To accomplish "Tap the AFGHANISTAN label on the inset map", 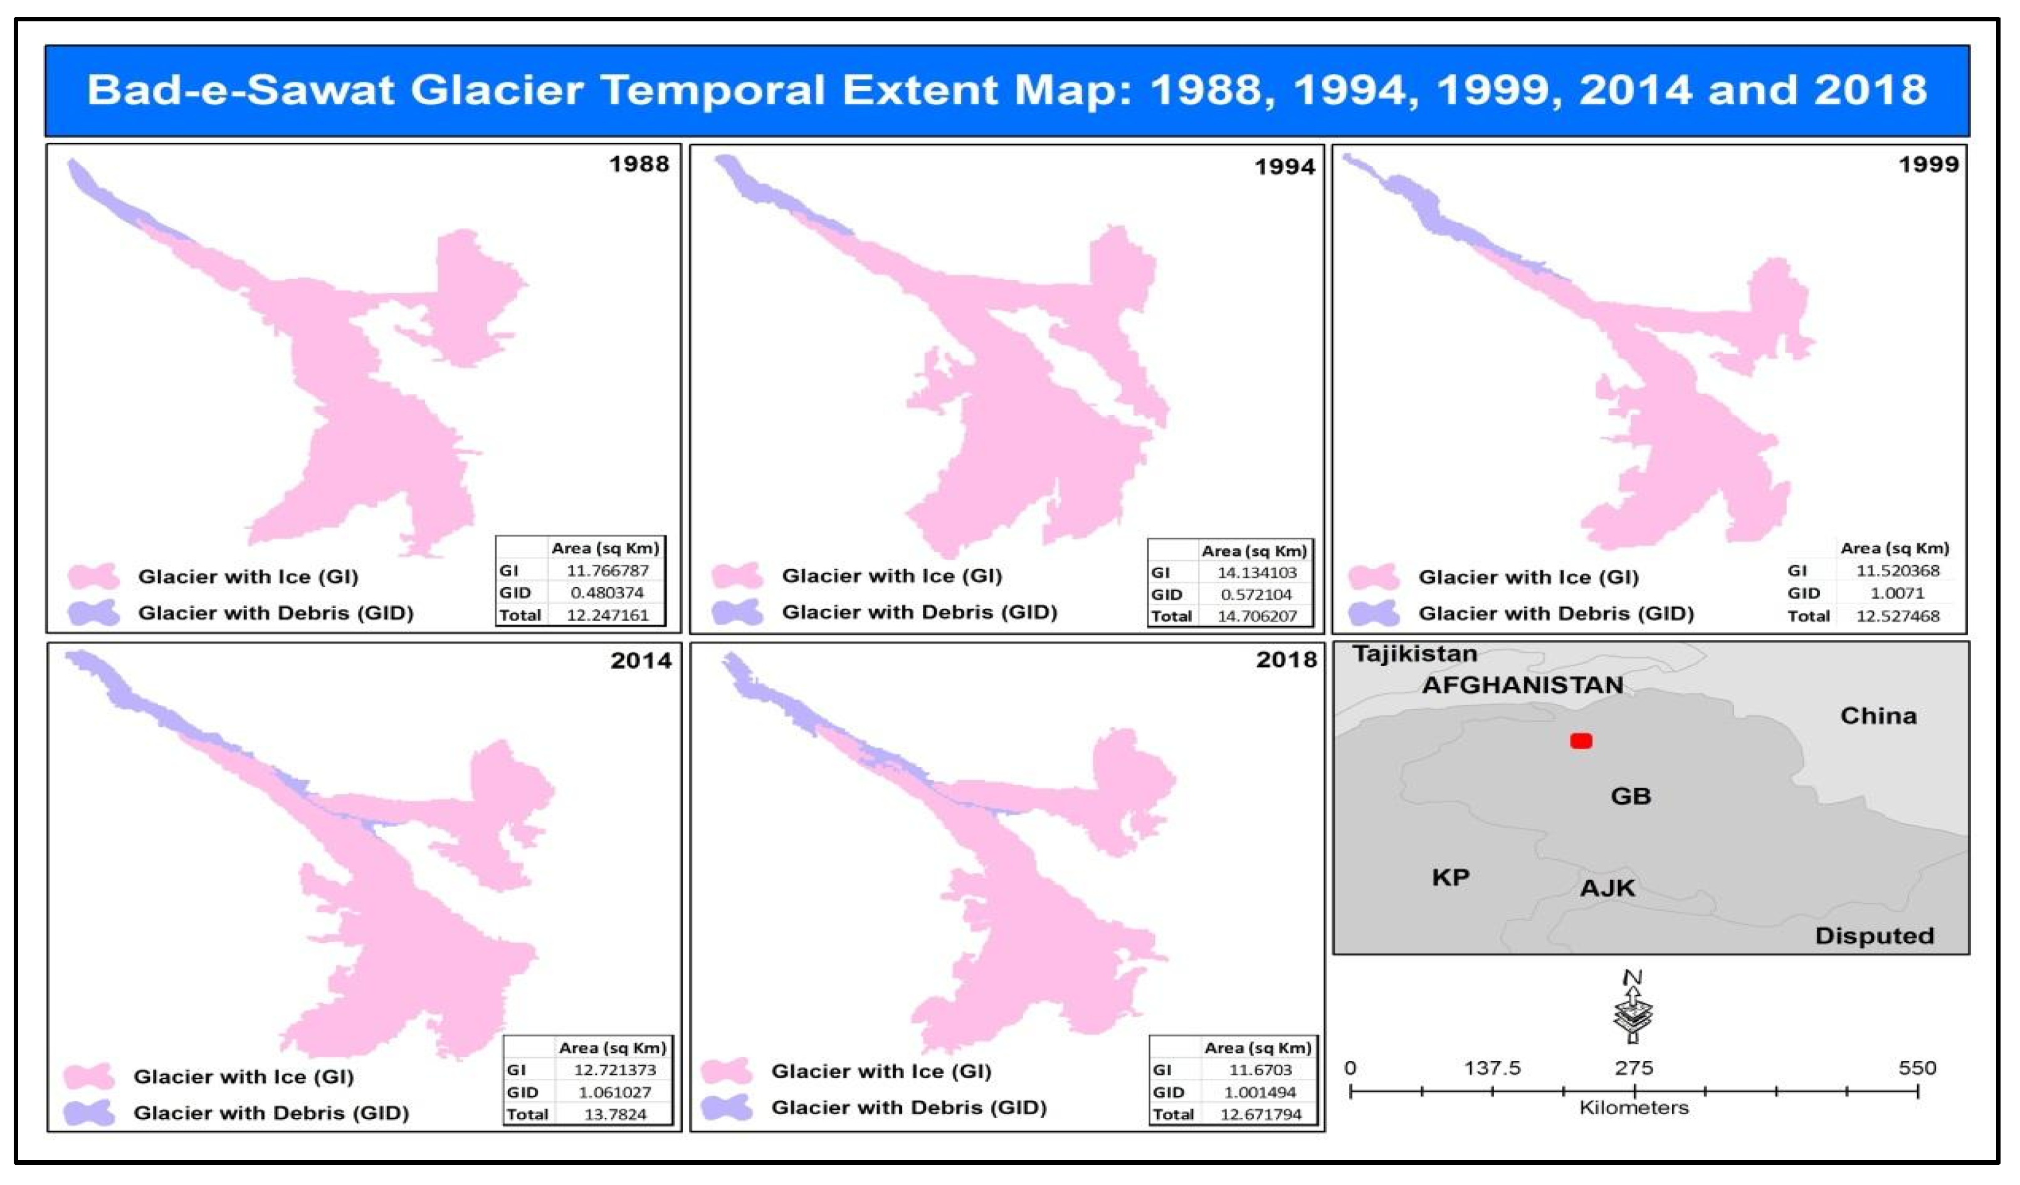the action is pos(1523,685).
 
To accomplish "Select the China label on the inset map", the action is pos(1878,716).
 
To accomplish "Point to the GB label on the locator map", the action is pos(1631,796).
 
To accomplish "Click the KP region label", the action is pos(1450,877).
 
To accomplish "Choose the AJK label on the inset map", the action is pos(1607,888).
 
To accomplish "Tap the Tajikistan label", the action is pos(1415,654).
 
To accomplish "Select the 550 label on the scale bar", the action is pos(1917,1068).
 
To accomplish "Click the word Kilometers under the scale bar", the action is pos(1634,1108).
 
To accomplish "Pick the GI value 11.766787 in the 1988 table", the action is pos(608,570).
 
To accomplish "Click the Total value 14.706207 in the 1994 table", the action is pos(1256,616).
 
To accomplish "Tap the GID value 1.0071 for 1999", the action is pos(1897,593).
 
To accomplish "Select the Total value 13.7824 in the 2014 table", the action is pos(615,1114).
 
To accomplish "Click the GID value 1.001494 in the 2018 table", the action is pos(1260,1092).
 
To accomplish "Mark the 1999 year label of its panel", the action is pos(1928,164).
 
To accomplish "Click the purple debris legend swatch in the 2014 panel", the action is pos(89,1113).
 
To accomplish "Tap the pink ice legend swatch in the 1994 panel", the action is pos(737,575).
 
